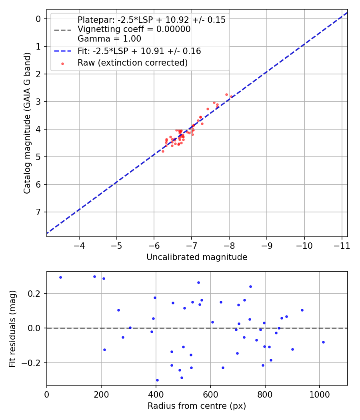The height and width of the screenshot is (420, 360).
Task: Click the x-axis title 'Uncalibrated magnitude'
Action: point(197,257)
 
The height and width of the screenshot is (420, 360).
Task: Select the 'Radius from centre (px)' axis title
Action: point(197,406)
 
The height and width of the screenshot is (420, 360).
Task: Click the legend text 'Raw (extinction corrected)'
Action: point(132,63)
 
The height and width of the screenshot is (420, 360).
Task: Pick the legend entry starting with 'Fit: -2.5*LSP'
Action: point(139,51)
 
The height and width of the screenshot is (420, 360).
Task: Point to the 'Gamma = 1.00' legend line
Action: point(109,39)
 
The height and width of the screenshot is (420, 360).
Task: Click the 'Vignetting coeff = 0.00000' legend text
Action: point(134,29)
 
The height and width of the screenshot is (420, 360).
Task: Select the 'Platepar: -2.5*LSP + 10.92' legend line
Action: point(151,20)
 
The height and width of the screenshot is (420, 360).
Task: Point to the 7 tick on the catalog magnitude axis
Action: point(38,212)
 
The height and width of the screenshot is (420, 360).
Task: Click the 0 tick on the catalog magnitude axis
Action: point(38,19)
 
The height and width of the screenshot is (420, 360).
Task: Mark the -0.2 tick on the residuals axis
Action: point(34,363)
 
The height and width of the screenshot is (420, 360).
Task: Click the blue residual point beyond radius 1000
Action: point(323,342)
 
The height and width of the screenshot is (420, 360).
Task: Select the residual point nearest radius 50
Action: point(60,277)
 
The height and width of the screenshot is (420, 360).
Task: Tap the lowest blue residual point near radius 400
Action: point(157,380)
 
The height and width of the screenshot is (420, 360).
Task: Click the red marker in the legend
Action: point(62,63)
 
